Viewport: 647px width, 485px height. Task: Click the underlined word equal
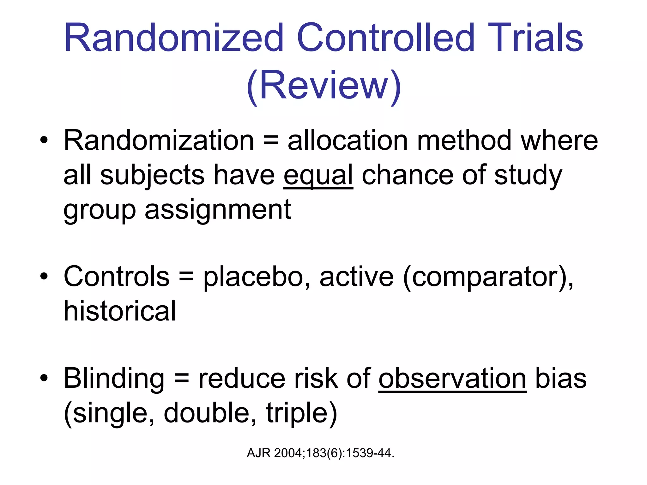click(x=318, y=176)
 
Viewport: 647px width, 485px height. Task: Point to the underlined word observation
click(x=452, y=379)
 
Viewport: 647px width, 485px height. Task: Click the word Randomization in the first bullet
click(x=159, y=141)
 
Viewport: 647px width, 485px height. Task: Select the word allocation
click(x=348, y=141)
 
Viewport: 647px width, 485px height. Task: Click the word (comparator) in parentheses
click(x=488, y=277)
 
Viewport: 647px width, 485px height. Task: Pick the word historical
click(x=119, y=311)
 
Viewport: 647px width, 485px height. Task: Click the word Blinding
click(x=114, y=379)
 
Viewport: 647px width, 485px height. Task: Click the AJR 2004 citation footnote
click(x=320, y=453)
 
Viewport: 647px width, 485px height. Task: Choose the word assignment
click(x=218, y=210)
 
